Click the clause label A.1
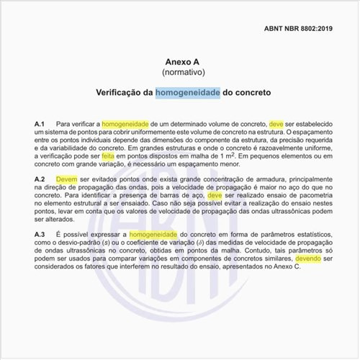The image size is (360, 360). (40, 124)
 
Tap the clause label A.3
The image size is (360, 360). (40, 235)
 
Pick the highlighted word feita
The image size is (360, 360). (129, 155)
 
